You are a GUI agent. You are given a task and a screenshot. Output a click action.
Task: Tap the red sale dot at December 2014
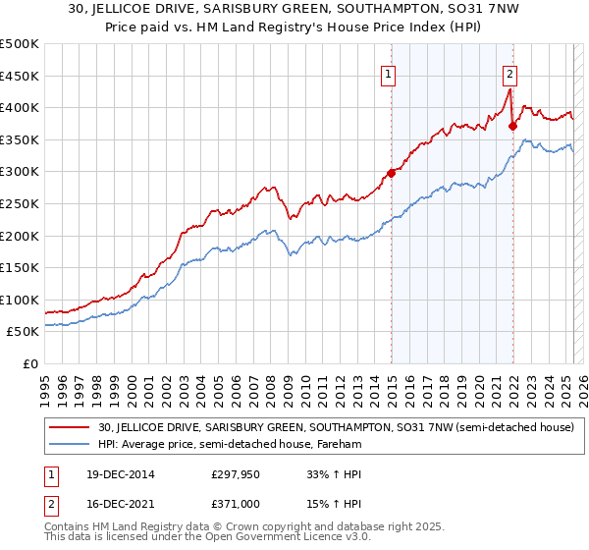(391, 173)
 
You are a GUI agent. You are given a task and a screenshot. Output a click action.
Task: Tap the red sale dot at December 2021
(512, 126)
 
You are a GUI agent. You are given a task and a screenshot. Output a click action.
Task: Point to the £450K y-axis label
(20, 76)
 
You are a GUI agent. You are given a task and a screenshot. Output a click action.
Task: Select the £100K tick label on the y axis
(20, 300)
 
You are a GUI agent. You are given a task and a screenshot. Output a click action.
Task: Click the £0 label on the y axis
(29, 363)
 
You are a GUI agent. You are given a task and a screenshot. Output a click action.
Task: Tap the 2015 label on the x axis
(392, 387)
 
